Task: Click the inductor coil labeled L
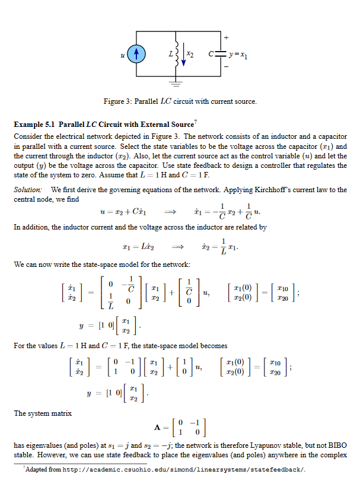pos(177,54)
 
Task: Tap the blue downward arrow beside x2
pos(183,54)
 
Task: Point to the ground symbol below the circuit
pos(176,82)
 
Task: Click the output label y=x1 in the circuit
pos(239,55)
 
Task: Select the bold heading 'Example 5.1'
pos(35,125)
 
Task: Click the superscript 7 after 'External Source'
pos(196,122)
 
